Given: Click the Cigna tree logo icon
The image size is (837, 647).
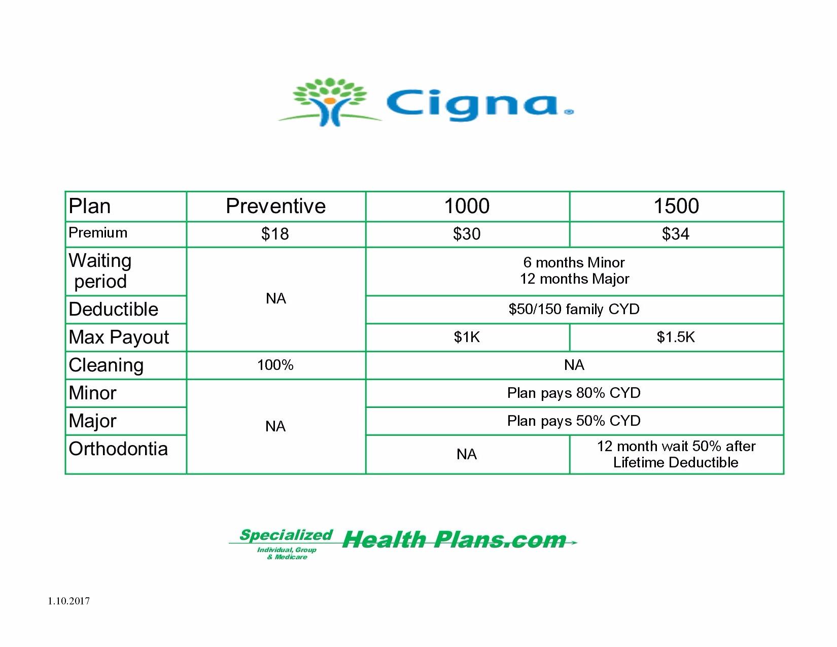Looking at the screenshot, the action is coord(330,102).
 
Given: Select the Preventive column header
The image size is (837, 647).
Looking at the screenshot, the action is coord(276,206).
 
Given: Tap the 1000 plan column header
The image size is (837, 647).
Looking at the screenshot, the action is coord(467,206).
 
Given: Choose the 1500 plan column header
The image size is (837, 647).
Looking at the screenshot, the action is coord(676,206).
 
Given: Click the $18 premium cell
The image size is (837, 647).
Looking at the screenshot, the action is coord(275,234).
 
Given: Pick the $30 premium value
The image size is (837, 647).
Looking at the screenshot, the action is coord(467,234).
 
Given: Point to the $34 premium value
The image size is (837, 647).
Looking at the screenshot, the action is coord(676,234).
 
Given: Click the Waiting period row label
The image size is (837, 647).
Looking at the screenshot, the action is coord(100,271).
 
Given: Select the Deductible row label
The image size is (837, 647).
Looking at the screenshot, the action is coord(114,310).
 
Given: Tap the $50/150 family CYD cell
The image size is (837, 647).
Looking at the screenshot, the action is coord(574,310).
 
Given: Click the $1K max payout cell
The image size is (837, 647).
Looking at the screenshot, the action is coord(467,337).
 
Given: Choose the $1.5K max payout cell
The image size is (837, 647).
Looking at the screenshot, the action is coord(676,337).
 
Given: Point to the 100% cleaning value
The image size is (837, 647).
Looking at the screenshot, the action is coord(275,365).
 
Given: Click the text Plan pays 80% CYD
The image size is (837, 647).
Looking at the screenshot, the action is coord(574,393).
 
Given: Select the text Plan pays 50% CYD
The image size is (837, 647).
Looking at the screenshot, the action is coord(574,421).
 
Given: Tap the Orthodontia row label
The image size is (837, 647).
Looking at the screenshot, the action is coord(118,449).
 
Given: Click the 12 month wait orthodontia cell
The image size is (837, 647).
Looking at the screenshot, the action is coord(676,454).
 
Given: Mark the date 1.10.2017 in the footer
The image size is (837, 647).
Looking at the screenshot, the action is coord(68,601).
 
